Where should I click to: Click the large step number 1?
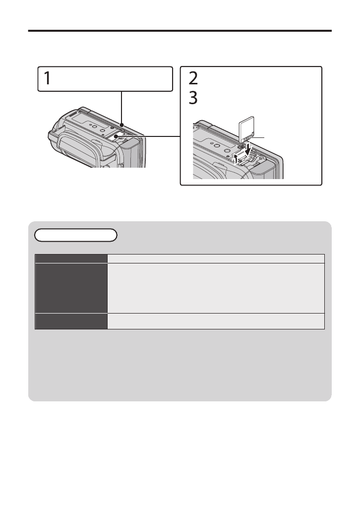click(x=47, y=78)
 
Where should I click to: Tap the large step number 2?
click(x=193, y=78)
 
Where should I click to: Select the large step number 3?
click(x=193, y=98)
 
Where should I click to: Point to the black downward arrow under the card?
click(x=249, y=149)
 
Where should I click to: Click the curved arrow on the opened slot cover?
click(x=236, y=159)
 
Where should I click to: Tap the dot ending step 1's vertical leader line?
click(x=121, y=125)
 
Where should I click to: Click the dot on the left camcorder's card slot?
click(x=116, y=136)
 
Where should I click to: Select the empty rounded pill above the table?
click(x=76, y=235)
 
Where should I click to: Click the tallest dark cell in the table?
click(x=71, y=288)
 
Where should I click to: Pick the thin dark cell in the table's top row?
click(x=71, y=258)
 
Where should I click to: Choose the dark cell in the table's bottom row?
click(x=71, y=321)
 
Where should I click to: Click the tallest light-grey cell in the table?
click(x=216, y=288)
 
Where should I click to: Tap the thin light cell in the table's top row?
click(x=216, y=258)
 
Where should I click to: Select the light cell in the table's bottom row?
click(x=216, y=321)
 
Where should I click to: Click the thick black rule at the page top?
click(x=180, y=31)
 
